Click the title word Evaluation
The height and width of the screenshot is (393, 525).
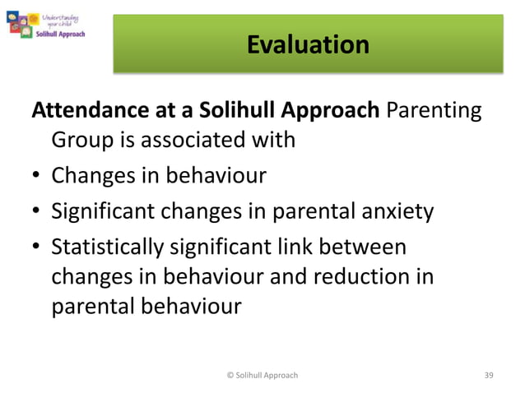(308, 44)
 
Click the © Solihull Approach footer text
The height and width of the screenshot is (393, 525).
(262, 375)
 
